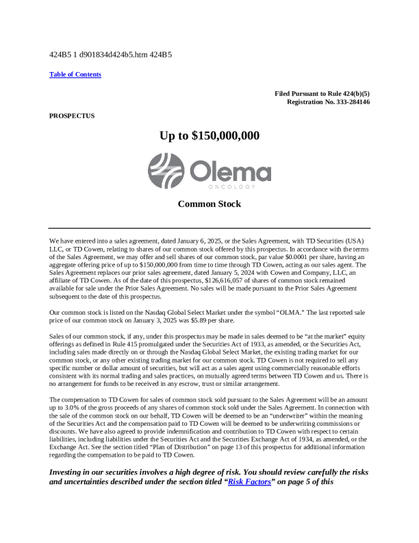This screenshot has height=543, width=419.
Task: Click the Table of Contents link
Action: pos(75,74)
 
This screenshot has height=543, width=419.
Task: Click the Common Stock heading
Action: pos(209,204)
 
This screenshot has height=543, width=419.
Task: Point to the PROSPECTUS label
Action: pos(72,116)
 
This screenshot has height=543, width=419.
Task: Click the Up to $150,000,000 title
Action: pos(209,136)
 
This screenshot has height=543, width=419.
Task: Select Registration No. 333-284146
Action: pos(329,101)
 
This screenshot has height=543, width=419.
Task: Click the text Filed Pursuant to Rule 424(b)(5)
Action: pos(322,93)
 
